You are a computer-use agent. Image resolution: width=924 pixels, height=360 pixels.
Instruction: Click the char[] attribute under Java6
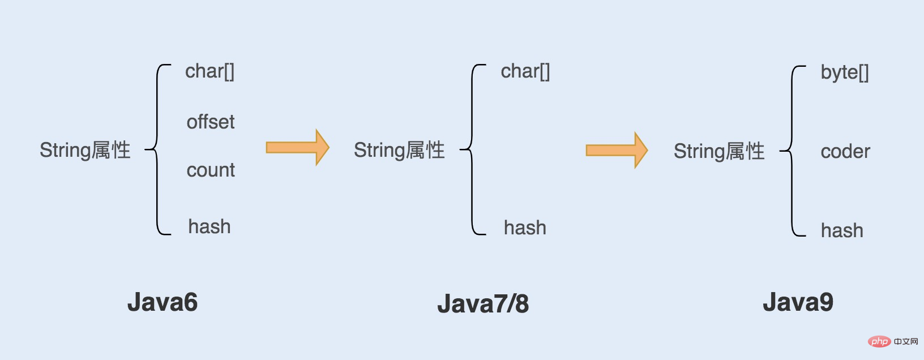pyautogui.click(x=209, y=72)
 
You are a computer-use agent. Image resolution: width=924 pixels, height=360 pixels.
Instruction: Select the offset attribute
pyautogui.click(x=211, y=122)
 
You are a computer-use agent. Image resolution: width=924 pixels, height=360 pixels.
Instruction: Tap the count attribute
pyautogui.click(x=211, y=170)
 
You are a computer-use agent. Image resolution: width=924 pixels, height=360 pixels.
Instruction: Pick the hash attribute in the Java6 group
pyautogui.click(x=209, y=226)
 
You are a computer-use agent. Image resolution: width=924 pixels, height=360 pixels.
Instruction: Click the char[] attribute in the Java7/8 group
pyautogui.click(x=525, y=72)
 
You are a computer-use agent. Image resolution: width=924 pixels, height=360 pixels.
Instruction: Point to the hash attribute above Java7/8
pyautogui.click(x=525, y=228)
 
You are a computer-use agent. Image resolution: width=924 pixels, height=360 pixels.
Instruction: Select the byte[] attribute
pyautogui.click(x=845, y=73)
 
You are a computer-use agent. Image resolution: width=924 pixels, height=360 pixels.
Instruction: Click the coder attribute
pyautogui.click(x=845, y=151)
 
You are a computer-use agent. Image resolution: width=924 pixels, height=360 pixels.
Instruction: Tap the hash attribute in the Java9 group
pyautogui.click(x=842, y=230)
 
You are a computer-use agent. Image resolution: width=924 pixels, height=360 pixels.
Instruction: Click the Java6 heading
pyautogui.click(x=162, y=302)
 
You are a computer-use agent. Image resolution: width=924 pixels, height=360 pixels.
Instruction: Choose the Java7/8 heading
pyautogui.click(x=483, y=304)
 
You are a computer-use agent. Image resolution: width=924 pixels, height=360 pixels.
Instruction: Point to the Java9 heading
pyautogui.click(x=798, y=302)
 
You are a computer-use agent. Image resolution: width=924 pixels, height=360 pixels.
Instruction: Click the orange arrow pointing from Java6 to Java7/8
pyautogui.click(x=297, y=147)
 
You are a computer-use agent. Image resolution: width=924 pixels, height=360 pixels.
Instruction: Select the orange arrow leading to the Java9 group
pyautogui.click(x=617, y=150)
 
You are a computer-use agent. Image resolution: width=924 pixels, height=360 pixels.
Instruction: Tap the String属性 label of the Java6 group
pyautogui.click(x=85, y=150)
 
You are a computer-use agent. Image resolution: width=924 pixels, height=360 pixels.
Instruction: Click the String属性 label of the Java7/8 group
pyautogui.click(x=399, y=150)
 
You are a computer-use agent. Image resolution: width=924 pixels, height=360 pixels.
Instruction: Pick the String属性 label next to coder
pyautogui.click(x=719, y=151)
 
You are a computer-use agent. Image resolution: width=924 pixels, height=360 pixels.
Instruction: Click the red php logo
pyautogui.click(x=879, y=341)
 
